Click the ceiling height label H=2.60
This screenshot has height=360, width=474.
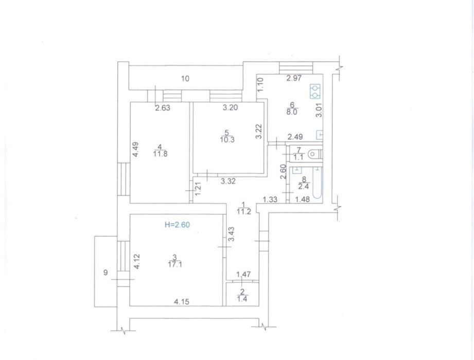click(x=177, y=225)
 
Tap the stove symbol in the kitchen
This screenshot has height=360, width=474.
click(x=315, y=92)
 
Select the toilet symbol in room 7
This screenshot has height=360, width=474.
click(x=314, y=154)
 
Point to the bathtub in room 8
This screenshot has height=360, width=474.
click(x=318, y=183)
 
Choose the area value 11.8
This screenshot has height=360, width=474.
click(x=160, y=154)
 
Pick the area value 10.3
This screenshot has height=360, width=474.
click(x=227, y=140)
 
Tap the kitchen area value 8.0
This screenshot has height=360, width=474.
click(x=292, y=112)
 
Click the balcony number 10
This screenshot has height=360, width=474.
click(x=185, y=79)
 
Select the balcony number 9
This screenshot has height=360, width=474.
click(x=106, y=273)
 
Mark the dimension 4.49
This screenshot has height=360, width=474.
click(x=136, y=149)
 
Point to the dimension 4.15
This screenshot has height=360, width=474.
click(x=182, y=301)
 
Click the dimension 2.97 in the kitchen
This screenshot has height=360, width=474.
click(x=294, y=78)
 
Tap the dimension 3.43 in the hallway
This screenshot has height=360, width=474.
click(x=232, y=235)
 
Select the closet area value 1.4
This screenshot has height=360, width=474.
click(x=242, y=299)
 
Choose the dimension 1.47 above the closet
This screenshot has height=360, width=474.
click(x=243, y=275)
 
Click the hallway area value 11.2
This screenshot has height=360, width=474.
click(x=243, y=211)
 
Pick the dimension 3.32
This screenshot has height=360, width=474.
click(x=228, y=181)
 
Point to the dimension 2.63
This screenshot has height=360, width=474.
click(x=163, y=108)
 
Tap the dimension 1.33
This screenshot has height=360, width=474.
click(x=270, y=200)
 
